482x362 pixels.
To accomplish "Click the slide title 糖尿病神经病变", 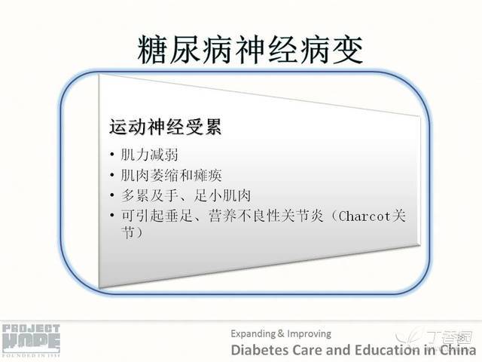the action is coord(250,50).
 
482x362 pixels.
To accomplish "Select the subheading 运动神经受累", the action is coord(166,127).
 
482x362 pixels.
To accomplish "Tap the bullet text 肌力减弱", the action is coord(149,155).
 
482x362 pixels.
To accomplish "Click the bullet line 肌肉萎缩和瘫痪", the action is coord(171,176).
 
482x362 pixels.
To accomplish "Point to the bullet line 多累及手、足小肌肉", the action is coord(186,196).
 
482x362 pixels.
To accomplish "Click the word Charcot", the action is coord(365,216).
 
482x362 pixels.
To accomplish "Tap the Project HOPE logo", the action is coord(31,340).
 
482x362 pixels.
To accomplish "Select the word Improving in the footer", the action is coord(309,334).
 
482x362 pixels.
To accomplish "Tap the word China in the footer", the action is coord(457,350).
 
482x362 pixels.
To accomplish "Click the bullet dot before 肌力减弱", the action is coord(112,154).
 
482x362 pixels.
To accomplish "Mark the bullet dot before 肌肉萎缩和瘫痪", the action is coord(112,175).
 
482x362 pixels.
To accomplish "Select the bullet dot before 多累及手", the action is coord(112,195).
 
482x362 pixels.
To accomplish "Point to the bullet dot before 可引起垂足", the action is coord(112,215).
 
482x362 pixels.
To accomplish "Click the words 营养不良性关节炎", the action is coord(266,216).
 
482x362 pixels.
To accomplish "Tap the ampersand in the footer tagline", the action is coord(281,333).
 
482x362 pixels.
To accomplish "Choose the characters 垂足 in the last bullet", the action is coord(179,216).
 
